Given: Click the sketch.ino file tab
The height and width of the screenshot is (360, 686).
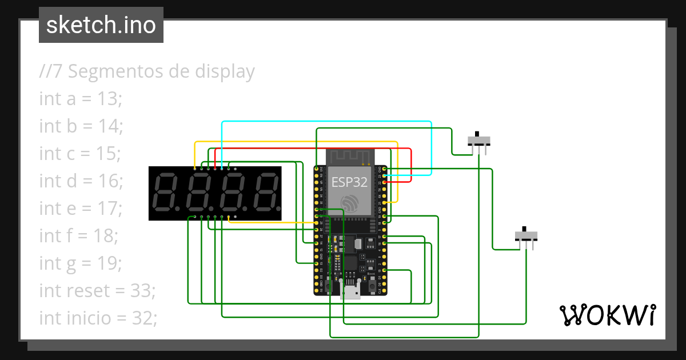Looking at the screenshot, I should click(101, 25).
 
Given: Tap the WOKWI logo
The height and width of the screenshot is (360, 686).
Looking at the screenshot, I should click(607, 315).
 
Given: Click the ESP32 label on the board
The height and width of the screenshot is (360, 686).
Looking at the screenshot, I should click(349, 182).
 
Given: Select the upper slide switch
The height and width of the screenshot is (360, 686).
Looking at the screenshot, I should click(478, 140).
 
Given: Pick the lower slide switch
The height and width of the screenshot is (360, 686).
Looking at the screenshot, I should click(526, 235).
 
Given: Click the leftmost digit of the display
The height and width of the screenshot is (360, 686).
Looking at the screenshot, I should click(165, 192).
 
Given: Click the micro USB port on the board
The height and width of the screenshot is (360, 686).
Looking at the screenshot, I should click(349, 291).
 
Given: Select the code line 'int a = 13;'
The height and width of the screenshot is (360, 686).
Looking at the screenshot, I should click(81, 99).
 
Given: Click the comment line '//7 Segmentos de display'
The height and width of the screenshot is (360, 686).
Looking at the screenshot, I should click(147, 71).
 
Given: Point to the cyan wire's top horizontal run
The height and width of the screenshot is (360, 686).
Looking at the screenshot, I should click(326, 122).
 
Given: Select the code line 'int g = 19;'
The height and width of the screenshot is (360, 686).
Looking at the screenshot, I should click(81, 263).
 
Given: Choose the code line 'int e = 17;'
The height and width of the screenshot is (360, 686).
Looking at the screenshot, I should click(81, 209).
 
